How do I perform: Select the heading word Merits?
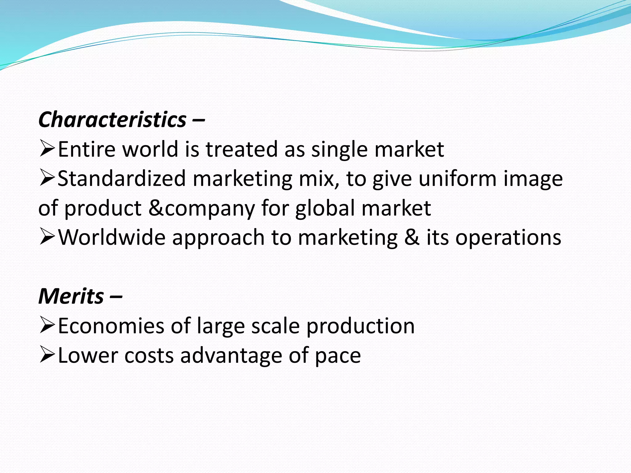point(71,296)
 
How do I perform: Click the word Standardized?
point(122,179)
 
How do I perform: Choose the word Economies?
point(111,326)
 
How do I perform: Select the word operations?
point(508,238)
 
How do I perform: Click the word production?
point(360,326)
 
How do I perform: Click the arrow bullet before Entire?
point(47,149)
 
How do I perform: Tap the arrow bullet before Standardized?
point(47,179)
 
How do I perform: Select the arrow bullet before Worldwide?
point(47,237)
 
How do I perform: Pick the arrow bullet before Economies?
point(47,326)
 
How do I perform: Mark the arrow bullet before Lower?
point(47,355)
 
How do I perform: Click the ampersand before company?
point(156,208)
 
